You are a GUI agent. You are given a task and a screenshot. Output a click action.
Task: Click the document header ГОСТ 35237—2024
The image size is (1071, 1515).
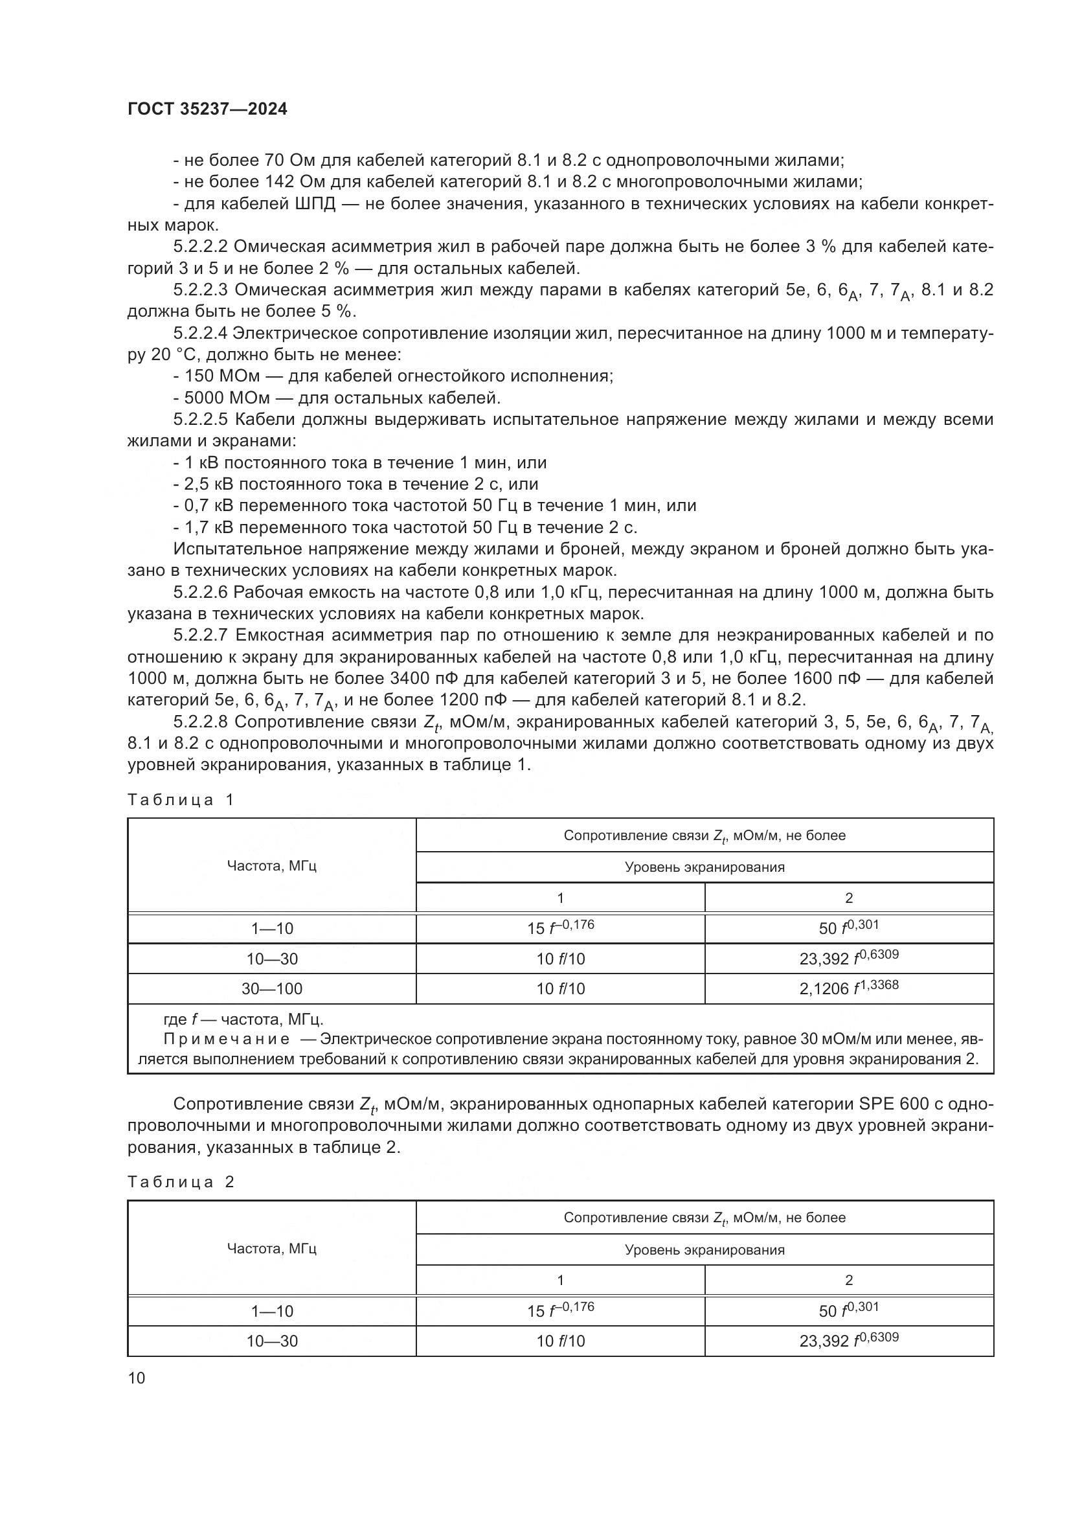207,109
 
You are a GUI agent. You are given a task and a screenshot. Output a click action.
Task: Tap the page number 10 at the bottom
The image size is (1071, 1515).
137,1378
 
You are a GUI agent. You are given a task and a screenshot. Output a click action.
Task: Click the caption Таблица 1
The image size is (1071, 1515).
181,801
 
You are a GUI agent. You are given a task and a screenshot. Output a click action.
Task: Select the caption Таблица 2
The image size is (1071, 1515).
181,1182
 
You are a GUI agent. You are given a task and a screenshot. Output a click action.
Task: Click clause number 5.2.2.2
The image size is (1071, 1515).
201,247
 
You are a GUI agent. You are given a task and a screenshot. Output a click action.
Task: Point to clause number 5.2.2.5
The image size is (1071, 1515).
201,420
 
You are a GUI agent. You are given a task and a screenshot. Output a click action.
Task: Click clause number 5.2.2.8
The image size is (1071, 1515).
201,722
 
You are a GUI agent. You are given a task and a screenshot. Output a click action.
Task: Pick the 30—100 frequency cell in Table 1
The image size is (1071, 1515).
272,988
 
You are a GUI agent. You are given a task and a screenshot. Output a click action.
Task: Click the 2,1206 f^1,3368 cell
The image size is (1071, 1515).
849,988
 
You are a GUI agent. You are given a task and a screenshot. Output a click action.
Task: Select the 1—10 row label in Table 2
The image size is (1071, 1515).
272,1310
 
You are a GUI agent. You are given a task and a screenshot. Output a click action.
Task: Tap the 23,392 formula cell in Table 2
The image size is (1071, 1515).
849,1340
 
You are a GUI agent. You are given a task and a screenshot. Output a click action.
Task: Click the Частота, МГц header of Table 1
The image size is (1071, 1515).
272,866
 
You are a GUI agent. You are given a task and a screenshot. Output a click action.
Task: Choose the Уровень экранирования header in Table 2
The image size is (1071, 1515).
705,1249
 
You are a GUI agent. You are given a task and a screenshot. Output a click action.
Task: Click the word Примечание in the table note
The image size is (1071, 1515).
226,1039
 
